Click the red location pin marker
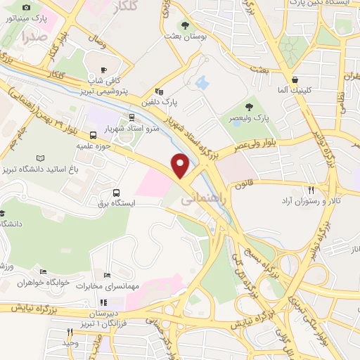point(181,165)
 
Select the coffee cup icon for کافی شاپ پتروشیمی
point(103,70)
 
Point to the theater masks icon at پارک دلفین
point(158,91)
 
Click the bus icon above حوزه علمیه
point(93,135)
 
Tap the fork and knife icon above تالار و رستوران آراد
point(311,190)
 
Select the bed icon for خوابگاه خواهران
point(44,271)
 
